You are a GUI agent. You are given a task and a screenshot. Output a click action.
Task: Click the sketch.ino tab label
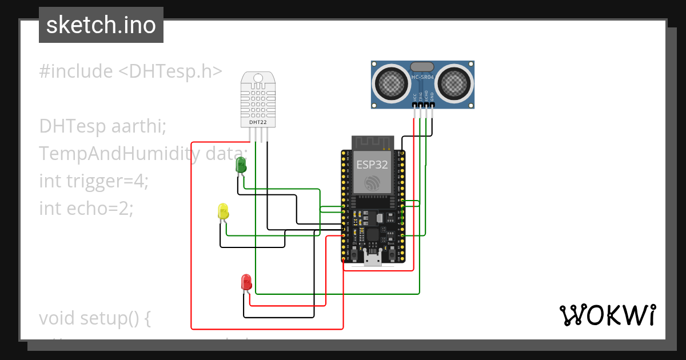101,25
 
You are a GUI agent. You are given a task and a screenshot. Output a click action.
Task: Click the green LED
241,166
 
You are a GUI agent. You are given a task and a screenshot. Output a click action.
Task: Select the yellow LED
223,211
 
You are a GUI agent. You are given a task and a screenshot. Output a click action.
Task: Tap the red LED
246,282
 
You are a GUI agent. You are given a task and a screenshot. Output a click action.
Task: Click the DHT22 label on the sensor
258,122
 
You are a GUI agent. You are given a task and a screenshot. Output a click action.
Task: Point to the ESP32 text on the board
372,165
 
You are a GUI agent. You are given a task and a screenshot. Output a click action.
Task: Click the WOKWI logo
607,315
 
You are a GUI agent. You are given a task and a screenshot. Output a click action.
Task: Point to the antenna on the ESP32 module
372,143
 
